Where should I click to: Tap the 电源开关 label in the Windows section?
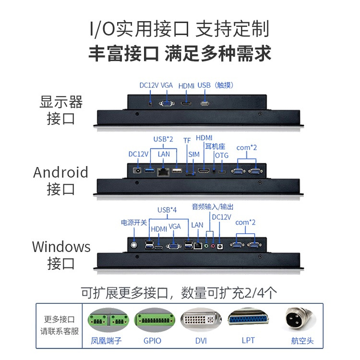134,223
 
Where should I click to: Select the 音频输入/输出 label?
213,207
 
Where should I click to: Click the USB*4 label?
167,210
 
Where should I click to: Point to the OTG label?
222,155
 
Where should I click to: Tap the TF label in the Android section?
187,140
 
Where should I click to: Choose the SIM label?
193,154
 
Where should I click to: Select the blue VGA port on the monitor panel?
167,103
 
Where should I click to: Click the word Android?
60,172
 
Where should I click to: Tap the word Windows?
61,247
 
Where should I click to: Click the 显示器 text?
61,102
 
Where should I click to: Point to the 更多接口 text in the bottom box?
60,319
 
